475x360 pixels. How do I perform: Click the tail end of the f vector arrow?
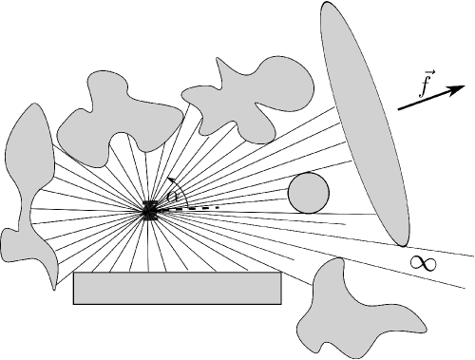[x=398, y=111]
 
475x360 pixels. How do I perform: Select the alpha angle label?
[x=172, y=197]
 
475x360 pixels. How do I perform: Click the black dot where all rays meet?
[x=150, y=211]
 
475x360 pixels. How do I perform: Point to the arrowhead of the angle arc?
[x=168, y=179]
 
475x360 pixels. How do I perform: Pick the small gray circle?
[x=309, y=193]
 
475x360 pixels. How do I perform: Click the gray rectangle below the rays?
[x=178, y=289]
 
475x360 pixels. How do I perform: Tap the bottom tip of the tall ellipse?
[x=407, y=244]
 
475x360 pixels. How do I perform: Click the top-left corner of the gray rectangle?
[x=74, y=274]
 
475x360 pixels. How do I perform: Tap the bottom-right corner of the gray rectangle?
[x=281, y=304]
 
